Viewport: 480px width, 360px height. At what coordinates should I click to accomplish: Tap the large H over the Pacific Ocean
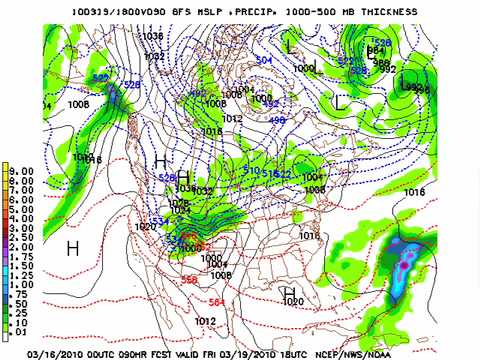[72, 247]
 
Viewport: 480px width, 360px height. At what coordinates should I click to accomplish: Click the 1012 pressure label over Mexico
[205, 321]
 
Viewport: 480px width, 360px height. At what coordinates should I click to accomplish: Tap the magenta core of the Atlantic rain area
[405, 266]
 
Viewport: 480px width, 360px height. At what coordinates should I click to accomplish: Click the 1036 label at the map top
[153, 35]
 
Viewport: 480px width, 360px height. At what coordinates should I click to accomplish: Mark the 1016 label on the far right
[415, 191]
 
